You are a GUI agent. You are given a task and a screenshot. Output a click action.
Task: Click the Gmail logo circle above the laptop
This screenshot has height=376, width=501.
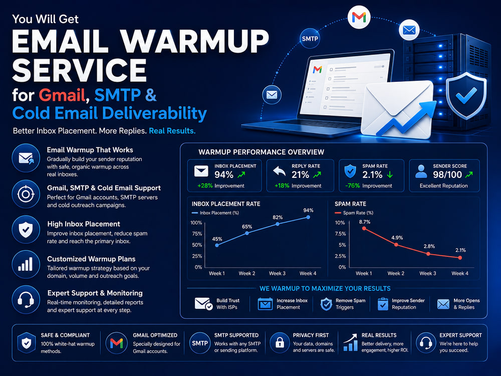359,17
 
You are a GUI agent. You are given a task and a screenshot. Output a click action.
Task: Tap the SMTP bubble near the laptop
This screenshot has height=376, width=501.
310,39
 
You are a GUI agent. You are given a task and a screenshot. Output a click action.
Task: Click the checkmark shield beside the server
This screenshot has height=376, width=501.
466,96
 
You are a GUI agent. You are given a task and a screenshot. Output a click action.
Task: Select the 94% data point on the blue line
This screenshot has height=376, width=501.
308,218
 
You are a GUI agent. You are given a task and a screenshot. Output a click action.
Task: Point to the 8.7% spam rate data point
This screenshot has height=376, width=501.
364,228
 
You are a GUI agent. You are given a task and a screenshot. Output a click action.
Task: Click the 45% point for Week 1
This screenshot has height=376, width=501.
217,245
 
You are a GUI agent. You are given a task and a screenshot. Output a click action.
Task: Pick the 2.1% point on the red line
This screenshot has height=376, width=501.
460,258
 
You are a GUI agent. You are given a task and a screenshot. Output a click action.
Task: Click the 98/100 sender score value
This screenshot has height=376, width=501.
447,174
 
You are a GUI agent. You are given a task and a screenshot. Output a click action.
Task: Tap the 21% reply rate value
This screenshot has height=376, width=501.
300,174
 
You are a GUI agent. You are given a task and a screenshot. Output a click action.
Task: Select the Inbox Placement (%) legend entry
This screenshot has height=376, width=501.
215,213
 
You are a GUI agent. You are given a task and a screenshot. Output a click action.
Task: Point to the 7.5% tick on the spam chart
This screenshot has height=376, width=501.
340,234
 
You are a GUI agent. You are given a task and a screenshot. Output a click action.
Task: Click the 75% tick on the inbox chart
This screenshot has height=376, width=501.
197,234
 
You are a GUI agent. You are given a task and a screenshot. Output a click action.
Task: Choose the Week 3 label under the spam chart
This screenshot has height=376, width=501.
427,273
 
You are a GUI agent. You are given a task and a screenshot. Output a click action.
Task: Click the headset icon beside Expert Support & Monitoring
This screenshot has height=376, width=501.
26,300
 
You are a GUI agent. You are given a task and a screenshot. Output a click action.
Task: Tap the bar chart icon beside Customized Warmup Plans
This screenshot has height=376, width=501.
26,264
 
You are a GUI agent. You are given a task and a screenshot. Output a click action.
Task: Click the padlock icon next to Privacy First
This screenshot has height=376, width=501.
280,343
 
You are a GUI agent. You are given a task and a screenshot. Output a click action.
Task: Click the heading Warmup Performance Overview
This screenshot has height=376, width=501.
262,152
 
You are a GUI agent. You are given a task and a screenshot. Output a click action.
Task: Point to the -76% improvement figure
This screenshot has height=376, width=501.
352,186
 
